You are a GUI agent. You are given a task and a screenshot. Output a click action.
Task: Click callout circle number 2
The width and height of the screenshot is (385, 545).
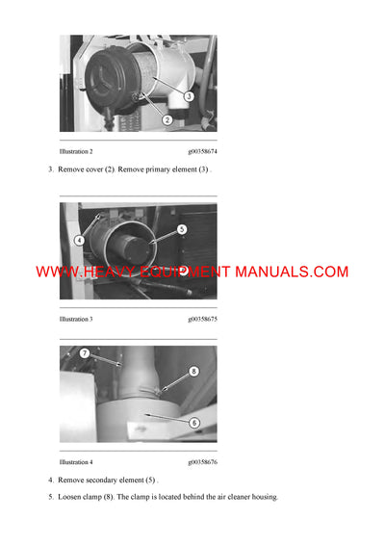pos(167,119)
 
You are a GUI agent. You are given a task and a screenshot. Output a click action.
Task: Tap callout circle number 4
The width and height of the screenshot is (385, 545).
pos(81,240)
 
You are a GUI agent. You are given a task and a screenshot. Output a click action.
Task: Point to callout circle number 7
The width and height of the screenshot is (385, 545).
pos(85,354)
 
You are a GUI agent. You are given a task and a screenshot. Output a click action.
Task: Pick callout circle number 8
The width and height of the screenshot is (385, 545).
pos(193,371)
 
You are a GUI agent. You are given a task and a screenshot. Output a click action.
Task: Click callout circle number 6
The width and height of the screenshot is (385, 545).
pos(194,422)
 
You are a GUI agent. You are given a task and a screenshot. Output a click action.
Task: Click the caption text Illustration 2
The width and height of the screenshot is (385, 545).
pos(76,152)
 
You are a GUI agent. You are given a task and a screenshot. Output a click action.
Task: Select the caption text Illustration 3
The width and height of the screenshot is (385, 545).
pos(76,318)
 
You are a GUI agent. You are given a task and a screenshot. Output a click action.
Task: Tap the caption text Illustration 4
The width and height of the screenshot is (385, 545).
pos(76,462)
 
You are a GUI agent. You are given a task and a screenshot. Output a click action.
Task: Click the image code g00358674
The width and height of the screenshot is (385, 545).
pos(202,152)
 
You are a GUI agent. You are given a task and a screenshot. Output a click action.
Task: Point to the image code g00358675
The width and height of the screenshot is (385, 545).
pos(202,318)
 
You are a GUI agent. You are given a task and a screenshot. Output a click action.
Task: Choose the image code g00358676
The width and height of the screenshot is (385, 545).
pos(202,462)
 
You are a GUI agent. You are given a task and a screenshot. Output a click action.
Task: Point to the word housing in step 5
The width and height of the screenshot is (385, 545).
pos(261,497)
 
